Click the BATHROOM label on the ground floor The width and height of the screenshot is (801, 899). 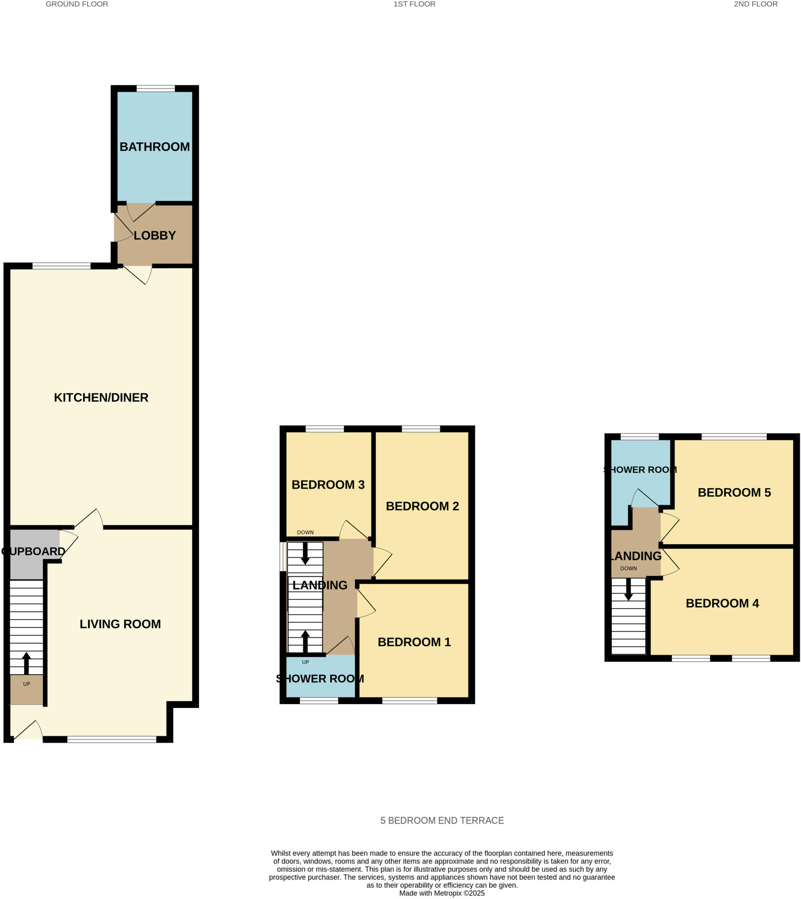pos(154,147)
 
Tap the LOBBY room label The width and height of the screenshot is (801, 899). pos(154,236)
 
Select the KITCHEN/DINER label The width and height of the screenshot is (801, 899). pos(101,398)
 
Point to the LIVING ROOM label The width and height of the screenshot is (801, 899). pos(120,624)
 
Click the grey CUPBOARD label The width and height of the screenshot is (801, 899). pos(33,551)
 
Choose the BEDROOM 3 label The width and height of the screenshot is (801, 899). pos(328,485)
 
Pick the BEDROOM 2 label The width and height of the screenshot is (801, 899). pos(422,506)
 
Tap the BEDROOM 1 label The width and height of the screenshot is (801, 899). pos(414,642)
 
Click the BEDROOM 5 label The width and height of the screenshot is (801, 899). pos(734,492)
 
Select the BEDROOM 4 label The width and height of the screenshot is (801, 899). pos(722,603)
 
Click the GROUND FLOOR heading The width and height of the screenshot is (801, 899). pos(76,4)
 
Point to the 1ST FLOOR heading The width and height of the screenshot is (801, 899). pos(414,4)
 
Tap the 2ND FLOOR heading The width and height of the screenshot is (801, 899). pos(755,4)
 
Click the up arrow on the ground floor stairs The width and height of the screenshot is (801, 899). pos(26,662)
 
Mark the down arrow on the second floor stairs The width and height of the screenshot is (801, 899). pos(629,590)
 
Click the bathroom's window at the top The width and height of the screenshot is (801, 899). pos(155,89)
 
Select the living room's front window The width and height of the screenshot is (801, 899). pos(111,740)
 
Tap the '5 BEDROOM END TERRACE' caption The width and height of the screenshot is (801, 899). pos(442,820)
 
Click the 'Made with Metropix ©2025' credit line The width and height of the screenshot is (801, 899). pos(442,893)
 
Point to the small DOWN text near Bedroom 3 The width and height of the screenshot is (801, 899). pos(305,532)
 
